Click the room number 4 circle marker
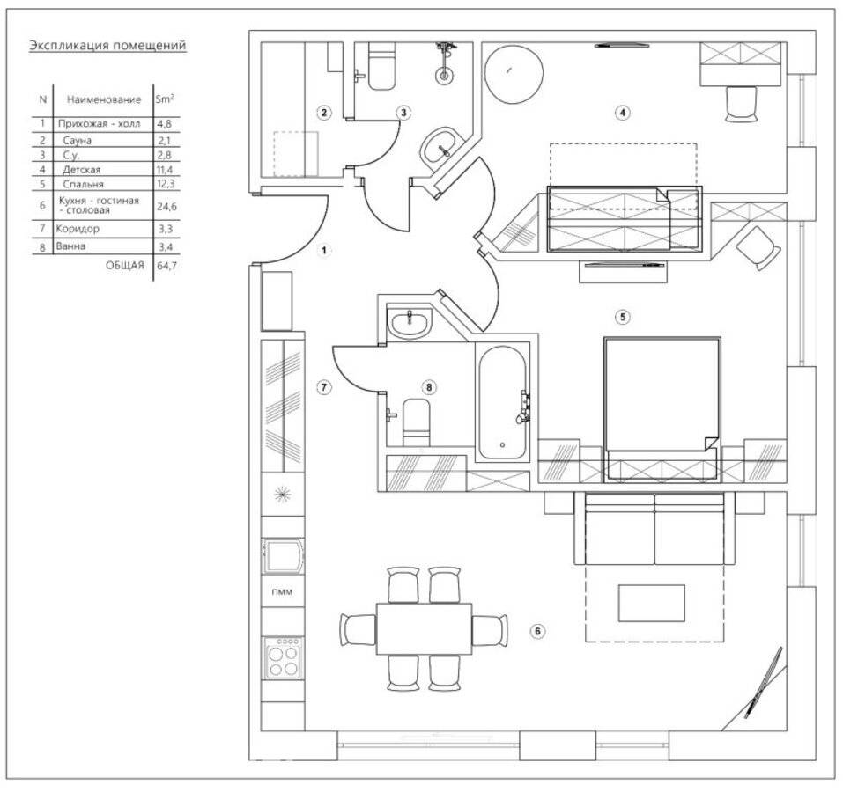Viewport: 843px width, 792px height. [622, 113]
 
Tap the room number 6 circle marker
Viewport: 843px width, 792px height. [537, 631]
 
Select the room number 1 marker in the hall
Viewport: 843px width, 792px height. [323, 250]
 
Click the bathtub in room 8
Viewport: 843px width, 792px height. [502, 401]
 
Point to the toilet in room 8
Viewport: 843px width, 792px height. [416, 422]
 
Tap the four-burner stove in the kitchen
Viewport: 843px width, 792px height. [283, 657]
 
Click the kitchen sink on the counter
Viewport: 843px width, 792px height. [283, 557]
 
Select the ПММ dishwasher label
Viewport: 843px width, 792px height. [282, 592]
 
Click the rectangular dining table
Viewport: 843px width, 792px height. [424, 628]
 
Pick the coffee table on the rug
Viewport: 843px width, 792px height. [652, 603]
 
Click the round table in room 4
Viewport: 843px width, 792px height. [514, 74]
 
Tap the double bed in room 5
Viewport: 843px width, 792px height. [662, 408]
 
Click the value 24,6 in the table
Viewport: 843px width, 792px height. [166, 206]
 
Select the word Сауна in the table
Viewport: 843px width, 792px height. [78, 141]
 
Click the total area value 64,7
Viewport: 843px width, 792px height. [166, 265]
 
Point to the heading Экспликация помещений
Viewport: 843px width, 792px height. [107, 46]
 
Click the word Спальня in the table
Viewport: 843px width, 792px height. [83, 184]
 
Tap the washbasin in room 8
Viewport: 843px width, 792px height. [410, 324]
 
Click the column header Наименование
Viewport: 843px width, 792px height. [104, 99]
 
